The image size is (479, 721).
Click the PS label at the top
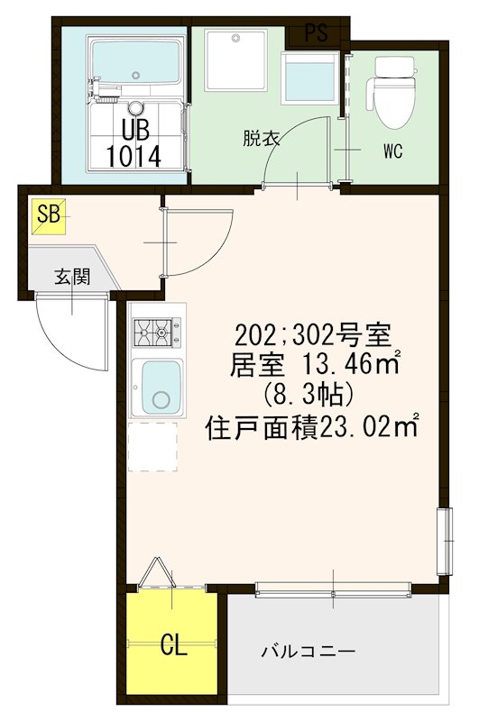tap(316, 34)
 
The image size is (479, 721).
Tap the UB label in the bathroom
tap(135, 127)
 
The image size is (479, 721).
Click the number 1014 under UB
tap(134, 155)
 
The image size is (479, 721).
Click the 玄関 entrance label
tap(71, 276)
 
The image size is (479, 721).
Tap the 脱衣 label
tap(261, 139)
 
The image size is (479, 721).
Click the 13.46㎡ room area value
tap(346, 366)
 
